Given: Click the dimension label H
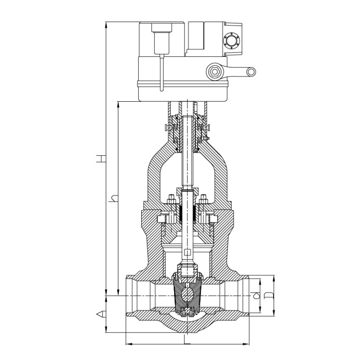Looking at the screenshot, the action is (x=101, y=159).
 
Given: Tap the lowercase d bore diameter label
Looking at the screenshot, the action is (x=256, y=296).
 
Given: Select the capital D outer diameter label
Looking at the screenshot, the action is (x=268, y=295).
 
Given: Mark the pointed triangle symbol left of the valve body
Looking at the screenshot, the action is (x=101, y=314).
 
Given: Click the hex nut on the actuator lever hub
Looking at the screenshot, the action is (x=215, y=72).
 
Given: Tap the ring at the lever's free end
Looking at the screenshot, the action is (x=251, y=72).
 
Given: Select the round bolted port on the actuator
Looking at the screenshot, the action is (x=231, y=41).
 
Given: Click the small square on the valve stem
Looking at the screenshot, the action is (x=188, y=252).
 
